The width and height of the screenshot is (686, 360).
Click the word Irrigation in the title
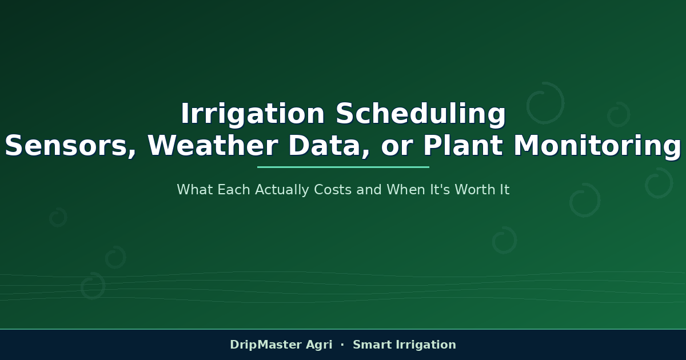(253, 114)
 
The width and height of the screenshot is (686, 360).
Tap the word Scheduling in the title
(421, 114)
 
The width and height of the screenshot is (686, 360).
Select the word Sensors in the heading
(70, 146)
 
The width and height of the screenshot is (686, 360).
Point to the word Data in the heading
(329, 146)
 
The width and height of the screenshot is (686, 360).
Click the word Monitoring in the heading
(597, 146)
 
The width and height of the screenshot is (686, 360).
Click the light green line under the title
(343, 167)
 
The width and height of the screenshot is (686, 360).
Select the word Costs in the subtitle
(333, 190)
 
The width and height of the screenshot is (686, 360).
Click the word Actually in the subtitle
(282, 190)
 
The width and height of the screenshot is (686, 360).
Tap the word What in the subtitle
(194, 190)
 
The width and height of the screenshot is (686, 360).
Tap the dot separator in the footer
(342, 345)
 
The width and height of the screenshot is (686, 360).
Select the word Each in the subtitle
(234, 190)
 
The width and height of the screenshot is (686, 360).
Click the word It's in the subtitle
(440, 190)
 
